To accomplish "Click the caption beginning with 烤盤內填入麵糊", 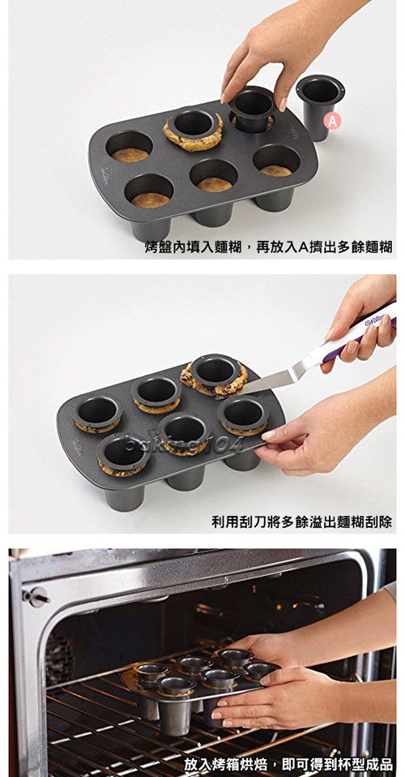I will [x=268, y=247].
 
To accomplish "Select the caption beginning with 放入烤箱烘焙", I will [x=288, y=764].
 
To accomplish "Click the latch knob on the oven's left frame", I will [x=34, y=598].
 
